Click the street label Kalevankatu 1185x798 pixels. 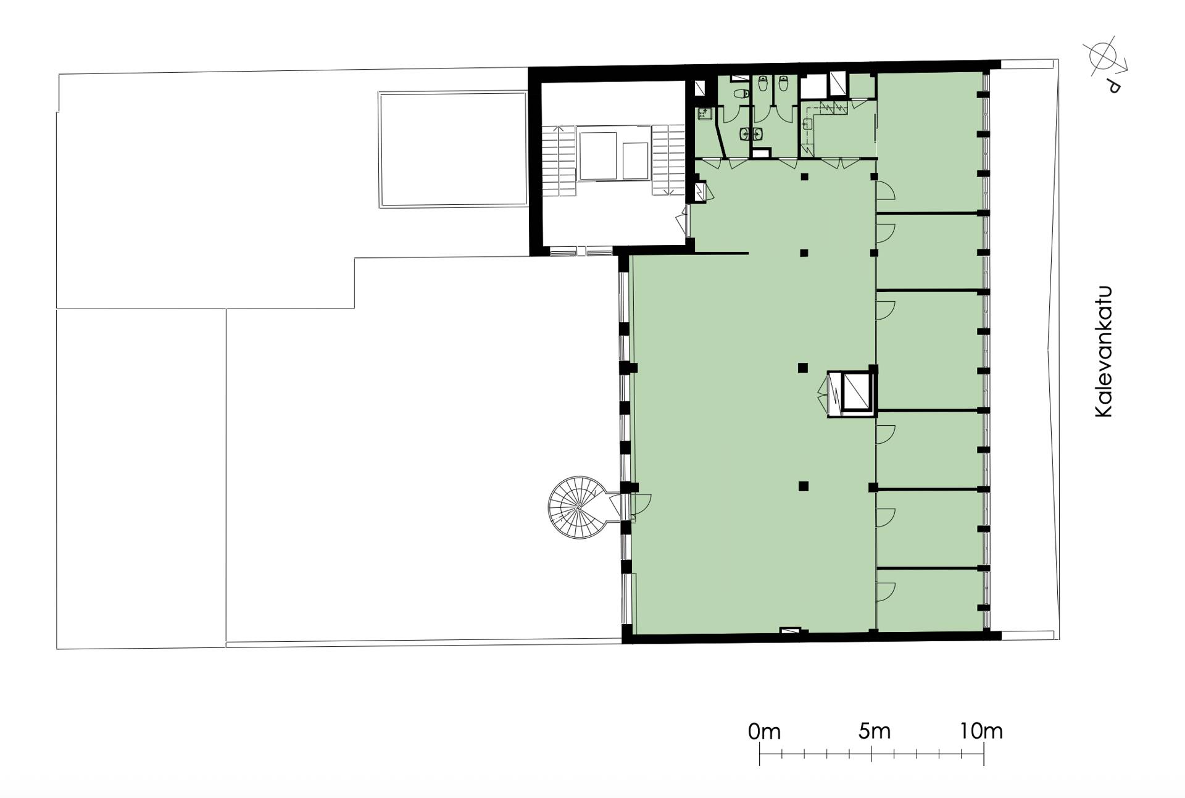1104,352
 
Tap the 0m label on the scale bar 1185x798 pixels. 764,732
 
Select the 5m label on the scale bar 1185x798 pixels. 875,731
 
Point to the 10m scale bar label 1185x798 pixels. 981,731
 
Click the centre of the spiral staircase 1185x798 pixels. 580,507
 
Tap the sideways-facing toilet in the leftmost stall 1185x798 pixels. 741,94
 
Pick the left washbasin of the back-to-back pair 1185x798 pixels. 746,133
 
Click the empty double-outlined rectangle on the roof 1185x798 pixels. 452,149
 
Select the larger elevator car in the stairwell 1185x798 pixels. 597,156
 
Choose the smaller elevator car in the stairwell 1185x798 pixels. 635,160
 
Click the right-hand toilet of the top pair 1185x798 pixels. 783,83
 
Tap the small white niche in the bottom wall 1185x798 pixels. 790,631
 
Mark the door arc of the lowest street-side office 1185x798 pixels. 886,591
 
